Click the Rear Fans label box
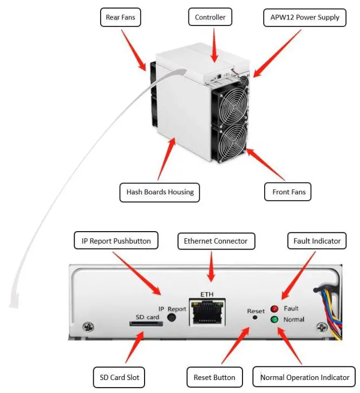coord(121,17)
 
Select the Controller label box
coord(210,17)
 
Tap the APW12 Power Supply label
coord(304,17)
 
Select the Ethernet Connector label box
coord(215,240)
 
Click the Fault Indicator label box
coord(317,240)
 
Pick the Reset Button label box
coord(214,377)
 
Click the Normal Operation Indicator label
coord(305,377)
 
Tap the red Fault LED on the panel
coord(274,309)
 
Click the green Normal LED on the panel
coord(274,319)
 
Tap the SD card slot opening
coord(145,324)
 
